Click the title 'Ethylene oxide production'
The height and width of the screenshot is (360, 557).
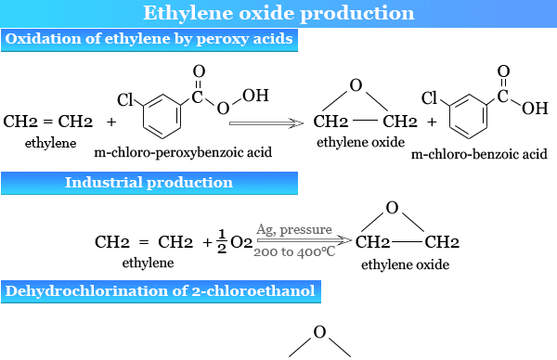pyautogui.click(x=278, y=13)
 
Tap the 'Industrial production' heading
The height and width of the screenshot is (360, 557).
pyautogui.click(x=149, y=182)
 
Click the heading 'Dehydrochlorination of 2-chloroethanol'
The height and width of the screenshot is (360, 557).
pyautogui.click(x=161, y=291)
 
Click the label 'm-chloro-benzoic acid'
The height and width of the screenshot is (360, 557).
pyautogui.click(x=478, y=152)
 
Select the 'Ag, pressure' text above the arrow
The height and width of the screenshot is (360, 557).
pyautogui.click(x=288, y=228)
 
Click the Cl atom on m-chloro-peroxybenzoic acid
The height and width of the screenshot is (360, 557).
pyautogui.click(x=127, y=97)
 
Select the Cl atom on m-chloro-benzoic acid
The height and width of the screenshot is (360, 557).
pyautogui.click(x=429, y=97)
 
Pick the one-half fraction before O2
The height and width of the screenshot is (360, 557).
pyautogui.click(x=222, y=241)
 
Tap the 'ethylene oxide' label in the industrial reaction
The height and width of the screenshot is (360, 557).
pyautogui.click(x=405, y=264)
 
